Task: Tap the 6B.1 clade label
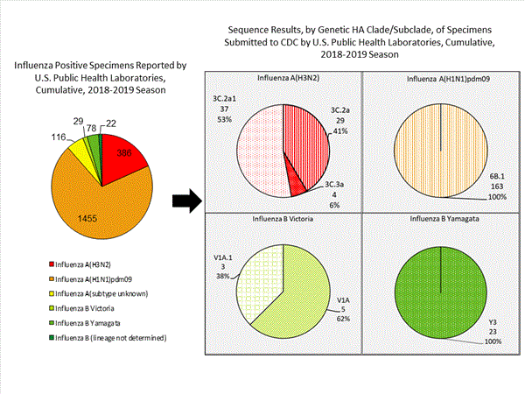491,176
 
